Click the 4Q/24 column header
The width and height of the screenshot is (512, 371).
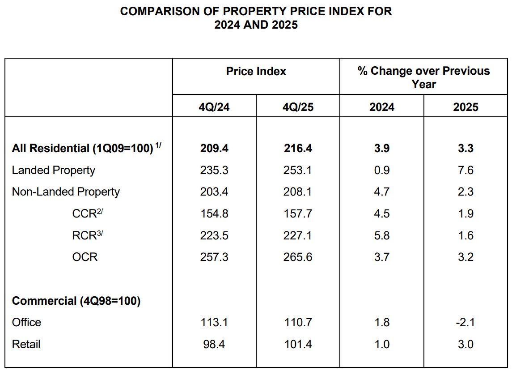click(214, 107)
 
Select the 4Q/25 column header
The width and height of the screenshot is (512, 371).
click(298, 107)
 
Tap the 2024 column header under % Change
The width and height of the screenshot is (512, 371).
click(381, 107)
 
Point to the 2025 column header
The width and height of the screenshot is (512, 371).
click(465, 107)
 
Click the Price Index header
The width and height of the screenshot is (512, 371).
click(256, 71)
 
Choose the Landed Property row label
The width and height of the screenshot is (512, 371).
click(53, 170)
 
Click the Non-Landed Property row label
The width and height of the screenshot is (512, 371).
click(66, 192)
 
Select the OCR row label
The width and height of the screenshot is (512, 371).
click(85, 257)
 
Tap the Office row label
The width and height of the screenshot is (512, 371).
click(26, 322)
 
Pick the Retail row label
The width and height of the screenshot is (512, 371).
click(26, 344)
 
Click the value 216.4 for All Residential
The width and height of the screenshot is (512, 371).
click(298, 148)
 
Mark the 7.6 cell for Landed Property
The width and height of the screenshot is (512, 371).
click(465, 170)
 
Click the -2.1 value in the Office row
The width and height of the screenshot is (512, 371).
click(465, 322)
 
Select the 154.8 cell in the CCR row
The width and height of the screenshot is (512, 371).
click(214, 213)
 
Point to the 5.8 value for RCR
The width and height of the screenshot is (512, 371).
click(381, 235)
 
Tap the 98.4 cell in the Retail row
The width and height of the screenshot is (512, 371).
click(214, 344)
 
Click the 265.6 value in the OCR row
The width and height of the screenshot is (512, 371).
click(298, 257)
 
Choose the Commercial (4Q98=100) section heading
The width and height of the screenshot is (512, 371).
click(76, 301)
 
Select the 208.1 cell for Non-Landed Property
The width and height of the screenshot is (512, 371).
click(298, 192)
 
